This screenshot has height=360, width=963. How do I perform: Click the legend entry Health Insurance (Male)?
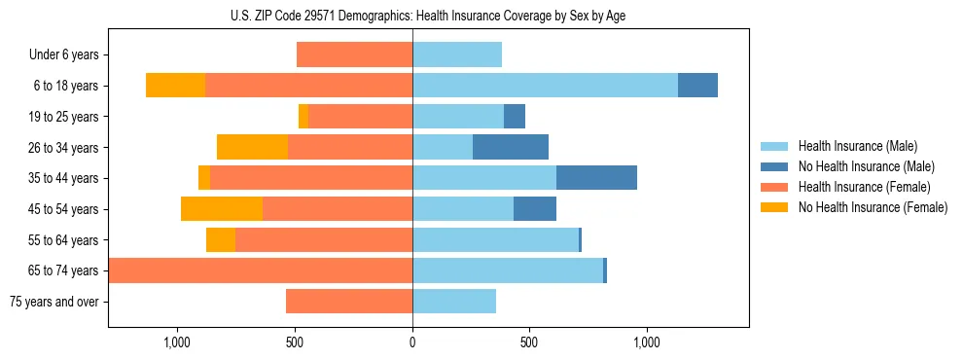(856, 146)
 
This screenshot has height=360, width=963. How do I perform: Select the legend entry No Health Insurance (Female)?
(873, 207)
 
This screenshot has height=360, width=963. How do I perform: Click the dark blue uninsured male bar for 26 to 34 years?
(511, 147)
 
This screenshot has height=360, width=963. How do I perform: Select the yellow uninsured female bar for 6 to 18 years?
(175, 86)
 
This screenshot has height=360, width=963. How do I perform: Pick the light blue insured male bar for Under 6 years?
(457, 54)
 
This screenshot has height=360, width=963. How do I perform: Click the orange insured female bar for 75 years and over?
(349, 302)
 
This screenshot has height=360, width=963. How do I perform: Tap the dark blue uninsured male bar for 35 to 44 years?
(596, 178)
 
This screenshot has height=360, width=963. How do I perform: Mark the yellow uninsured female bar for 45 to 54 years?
(222, 209)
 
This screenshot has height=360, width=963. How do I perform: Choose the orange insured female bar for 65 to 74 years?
(261, 270)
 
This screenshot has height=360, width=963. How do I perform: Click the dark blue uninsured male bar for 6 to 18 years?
(697, 86)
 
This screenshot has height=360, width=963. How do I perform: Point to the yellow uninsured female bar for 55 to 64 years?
(221, 239)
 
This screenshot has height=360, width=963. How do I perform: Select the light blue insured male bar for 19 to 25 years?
(458, 117)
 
